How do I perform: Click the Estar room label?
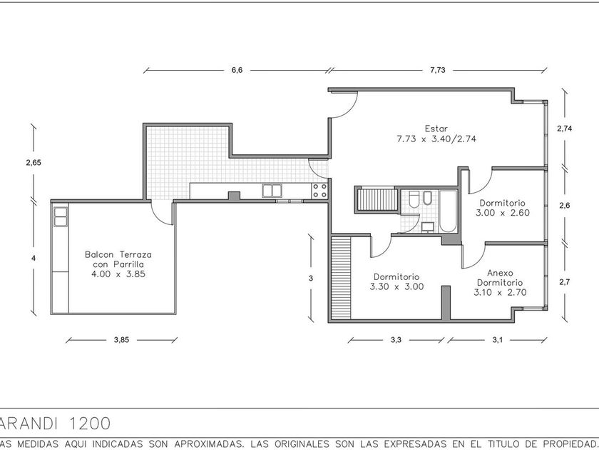436,129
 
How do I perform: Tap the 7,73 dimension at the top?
437,70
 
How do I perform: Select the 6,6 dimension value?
237,70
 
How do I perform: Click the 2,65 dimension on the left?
34,163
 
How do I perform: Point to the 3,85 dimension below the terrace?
121,340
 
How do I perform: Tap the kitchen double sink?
272,191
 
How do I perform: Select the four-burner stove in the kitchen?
319,191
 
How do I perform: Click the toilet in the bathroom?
414,199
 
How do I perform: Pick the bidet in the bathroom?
427,197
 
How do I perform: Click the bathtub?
448,211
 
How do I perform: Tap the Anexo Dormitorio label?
500,278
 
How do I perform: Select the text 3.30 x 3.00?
397,286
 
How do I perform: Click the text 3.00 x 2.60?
503,213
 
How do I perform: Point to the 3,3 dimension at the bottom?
396,340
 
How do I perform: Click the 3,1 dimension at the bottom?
498,340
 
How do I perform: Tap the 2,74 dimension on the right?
565,129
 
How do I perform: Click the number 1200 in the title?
90,424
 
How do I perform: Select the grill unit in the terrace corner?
61,216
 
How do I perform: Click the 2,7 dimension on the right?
565,282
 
